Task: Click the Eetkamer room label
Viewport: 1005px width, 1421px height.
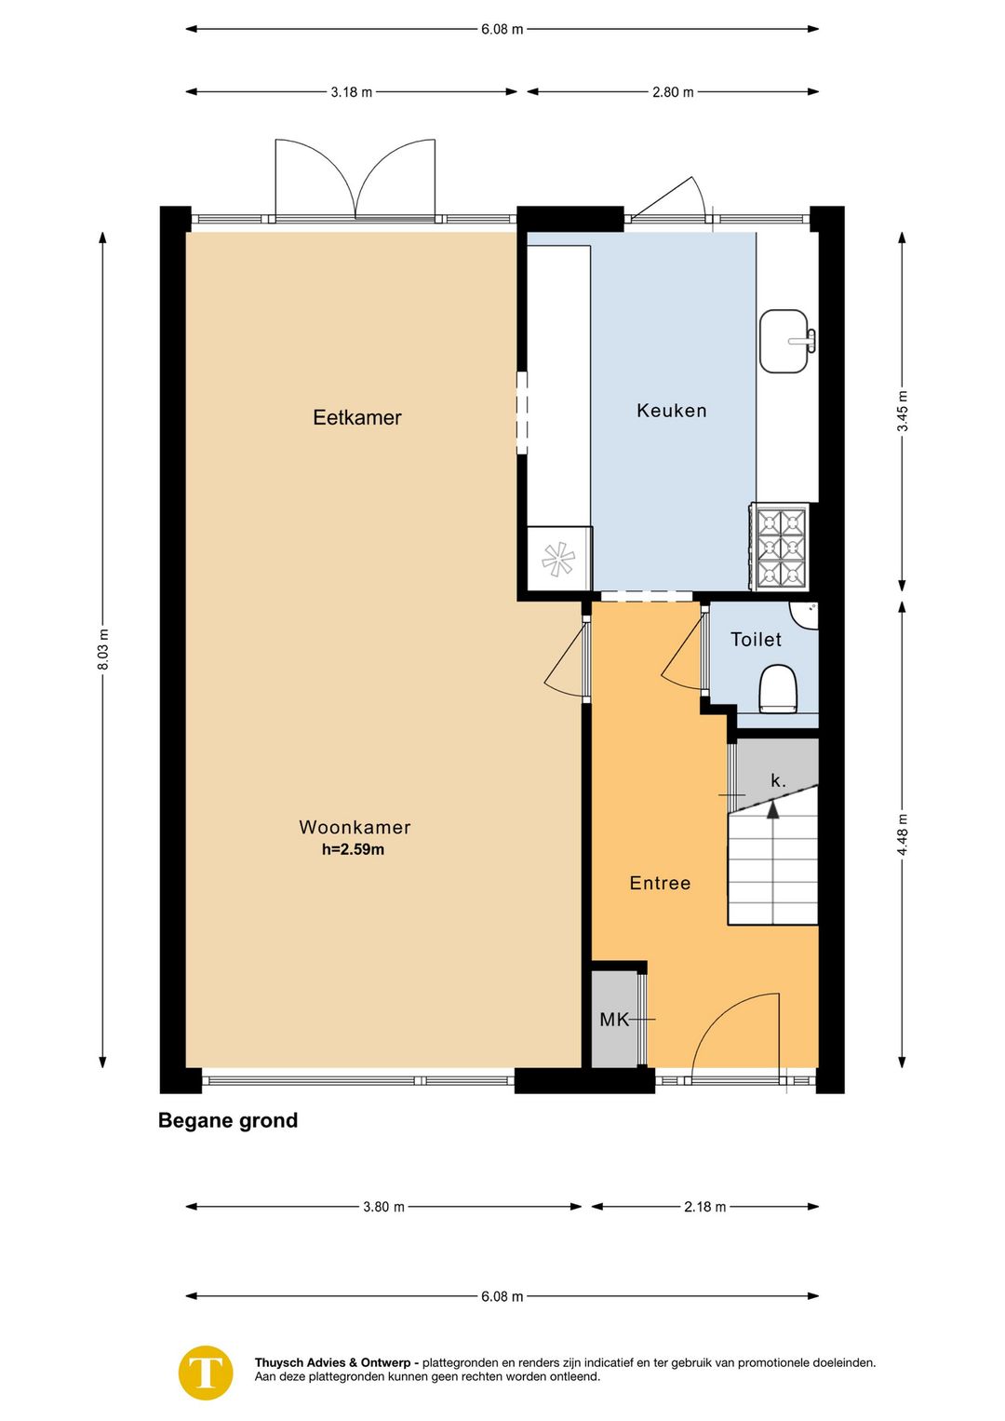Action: pyautogui.click(x=357, y=417)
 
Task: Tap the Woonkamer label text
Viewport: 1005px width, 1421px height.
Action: pyautogui.click(x=355, y=827)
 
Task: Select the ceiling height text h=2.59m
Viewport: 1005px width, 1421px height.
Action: pyautogui.click(x=353, y=849)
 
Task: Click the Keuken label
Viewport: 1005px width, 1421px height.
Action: pyautogui.click(x=672, y=411)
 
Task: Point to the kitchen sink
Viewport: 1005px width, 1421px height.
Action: pyautogui.click(x=787, y=341)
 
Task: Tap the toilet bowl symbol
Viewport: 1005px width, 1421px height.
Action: pyautogui.click(x=778, y=688)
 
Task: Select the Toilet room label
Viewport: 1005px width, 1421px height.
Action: pyautogui.click(x=756, y=640)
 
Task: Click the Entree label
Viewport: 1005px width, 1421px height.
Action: pyautogui.click(x=660, y=883)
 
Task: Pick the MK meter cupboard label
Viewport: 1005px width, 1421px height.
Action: pyautogui.click(x=614, y=1020)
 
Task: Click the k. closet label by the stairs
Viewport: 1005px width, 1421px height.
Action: pyautogui.click(x=778, y=781)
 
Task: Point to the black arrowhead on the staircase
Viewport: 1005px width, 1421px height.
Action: pyautogui.click(x=772, y=810)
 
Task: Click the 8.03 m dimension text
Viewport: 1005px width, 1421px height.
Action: pyautogui.click(x=103, y=649)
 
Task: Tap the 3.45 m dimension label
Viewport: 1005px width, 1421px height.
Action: pyautogui.click(x=903, y=411)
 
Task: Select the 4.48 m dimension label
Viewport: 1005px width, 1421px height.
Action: pyautogui.click(x=903, y=835)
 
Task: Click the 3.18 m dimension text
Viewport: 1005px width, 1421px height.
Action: pyautogui.click(x=351, y=92)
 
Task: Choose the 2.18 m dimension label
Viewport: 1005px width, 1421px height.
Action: pyautogui.click(x=704, y=1206)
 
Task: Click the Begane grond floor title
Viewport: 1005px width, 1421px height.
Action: pyautogui.click(x=228, y=1120)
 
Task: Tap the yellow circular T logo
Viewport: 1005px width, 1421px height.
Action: pyautogui.click(x=206, y=1373)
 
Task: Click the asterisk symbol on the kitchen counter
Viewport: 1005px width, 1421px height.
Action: pyautogui.click(x=558, y=559)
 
